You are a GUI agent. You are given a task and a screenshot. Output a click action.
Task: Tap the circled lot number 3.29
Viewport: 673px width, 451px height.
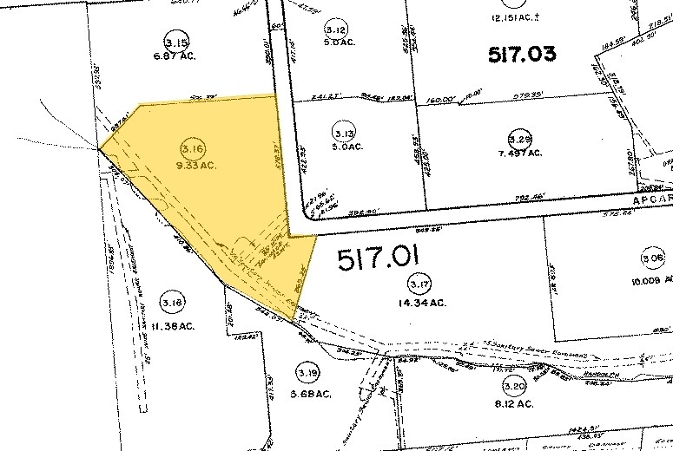point(519,139)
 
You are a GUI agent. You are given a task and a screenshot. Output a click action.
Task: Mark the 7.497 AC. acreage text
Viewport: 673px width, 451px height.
point(521,154)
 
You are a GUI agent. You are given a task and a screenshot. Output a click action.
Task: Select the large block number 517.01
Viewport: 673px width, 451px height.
point(378,258)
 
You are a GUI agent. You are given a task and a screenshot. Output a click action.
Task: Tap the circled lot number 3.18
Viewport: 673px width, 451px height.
point(172,302)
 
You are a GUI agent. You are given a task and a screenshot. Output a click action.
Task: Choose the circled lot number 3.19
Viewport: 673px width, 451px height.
point(306,372)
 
